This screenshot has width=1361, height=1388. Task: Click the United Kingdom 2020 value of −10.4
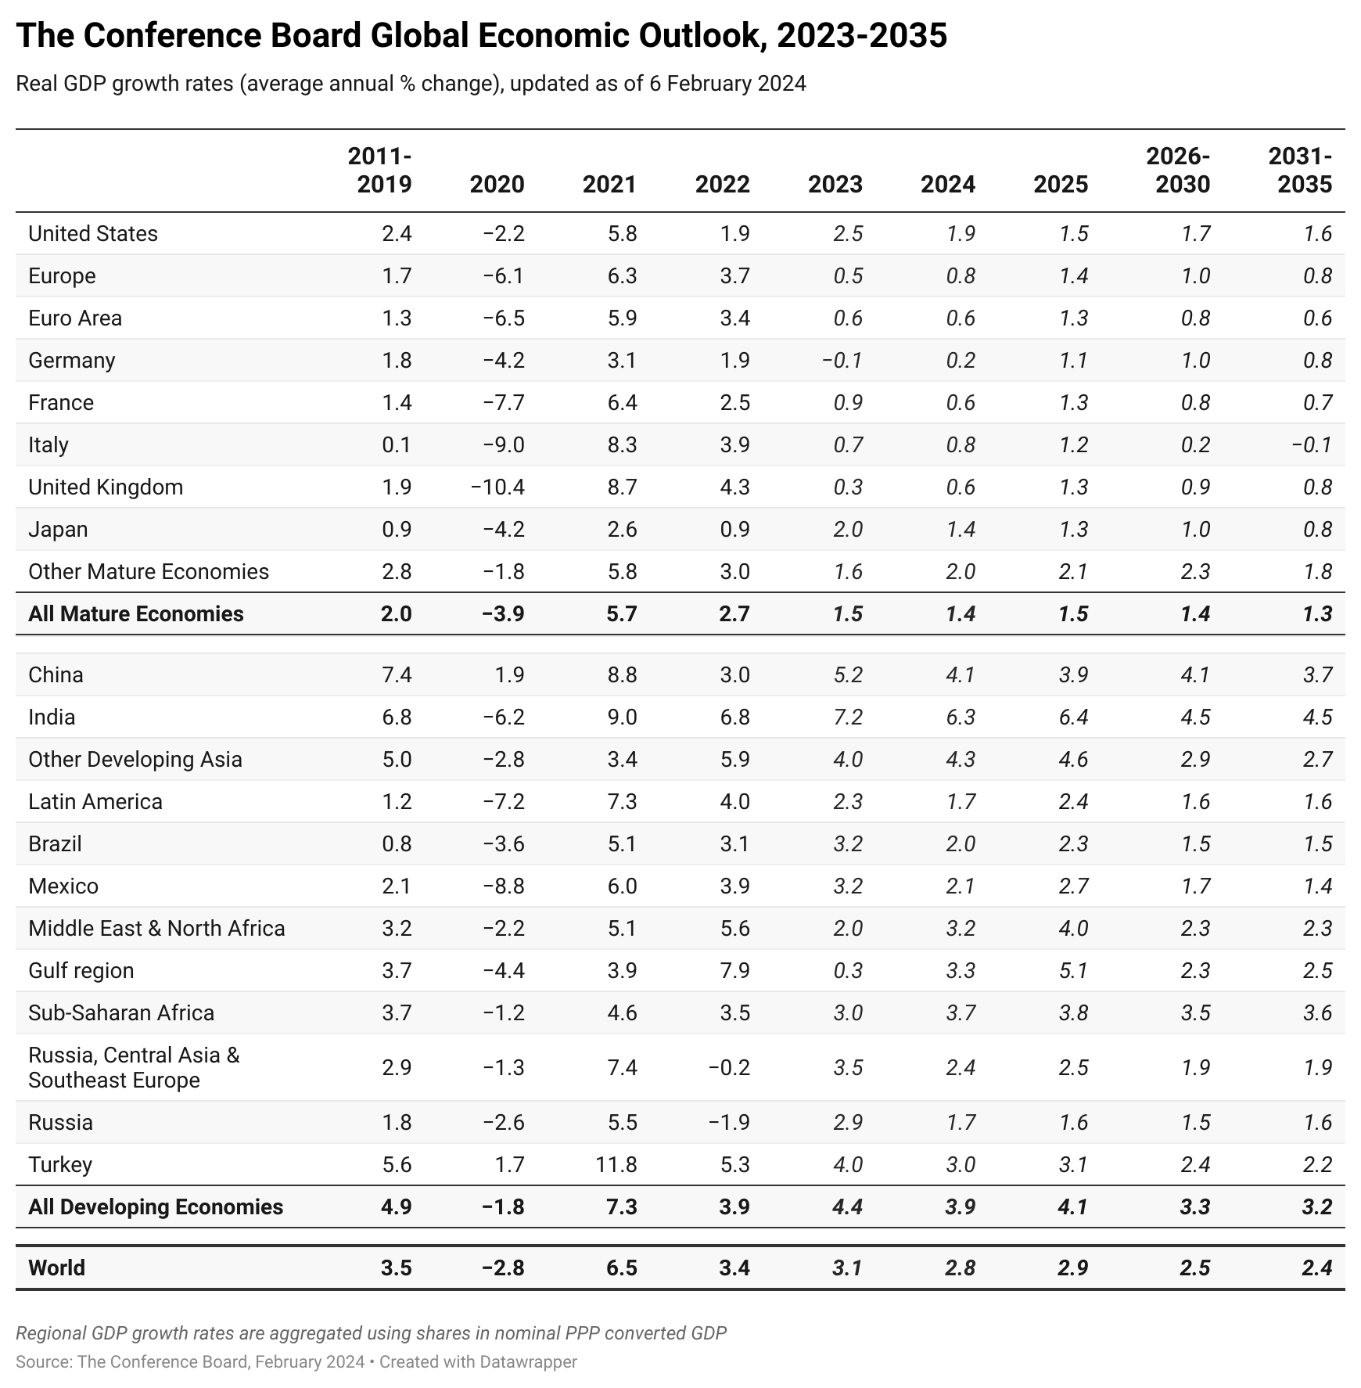[497, 487]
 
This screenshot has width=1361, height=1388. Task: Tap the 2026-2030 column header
[1178, 170]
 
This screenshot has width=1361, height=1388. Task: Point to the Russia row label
[60, 1122]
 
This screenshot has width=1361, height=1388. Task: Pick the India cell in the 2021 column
[622, 717]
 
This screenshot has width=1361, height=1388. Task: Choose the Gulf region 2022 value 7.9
[734, 970]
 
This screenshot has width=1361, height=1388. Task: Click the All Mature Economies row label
[136, 613]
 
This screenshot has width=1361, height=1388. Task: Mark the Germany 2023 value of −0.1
[842, 360]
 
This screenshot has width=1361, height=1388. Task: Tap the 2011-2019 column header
[380, 170]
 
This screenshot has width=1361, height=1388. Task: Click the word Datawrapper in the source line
[528, 1361]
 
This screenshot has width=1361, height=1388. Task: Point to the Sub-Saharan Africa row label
[121, 1012]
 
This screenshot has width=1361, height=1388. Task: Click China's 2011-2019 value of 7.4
[397, 674]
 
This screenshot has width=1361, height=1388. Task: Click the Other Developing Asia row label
[135, 759]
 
